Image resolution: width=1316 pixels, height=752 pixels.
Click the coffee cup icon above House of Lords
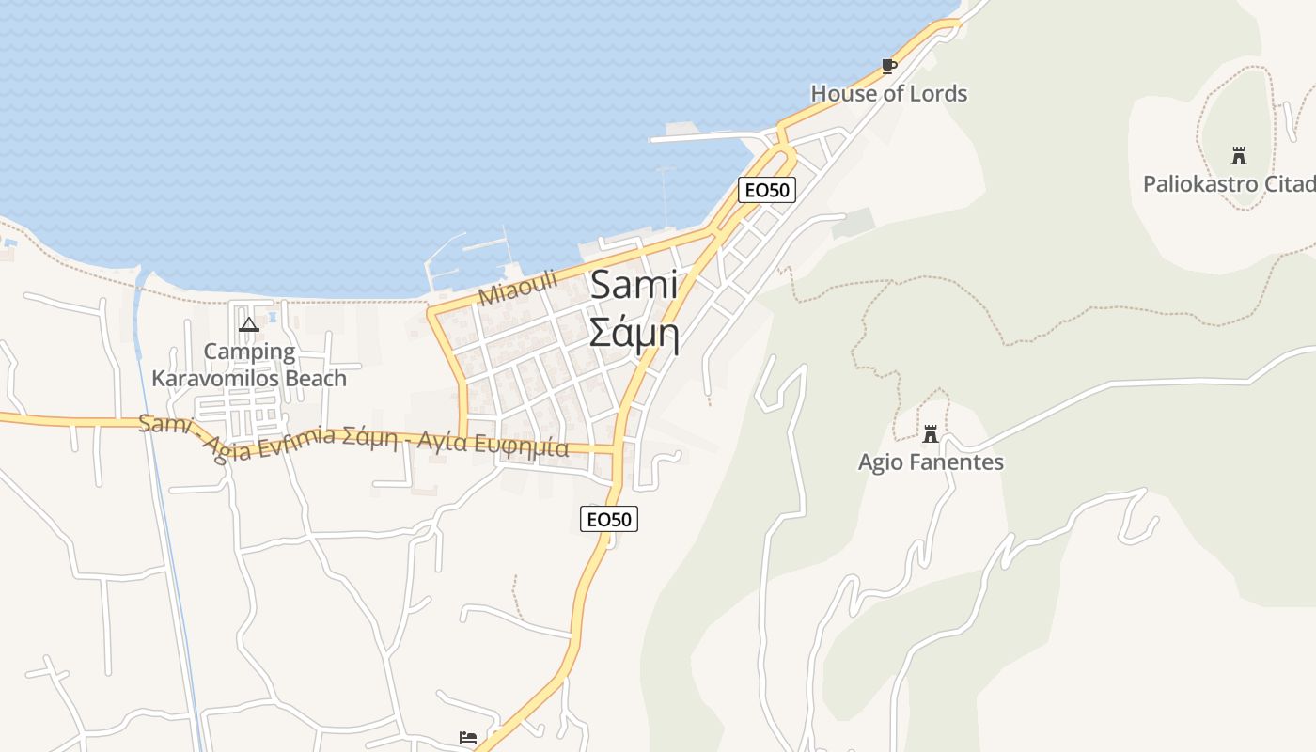click(888, 66)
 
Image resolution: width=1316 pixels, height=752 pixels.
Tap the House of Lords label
click(888, 93)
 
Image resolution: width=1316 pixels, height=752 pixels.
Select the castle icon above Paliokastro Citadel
click(1238, 156)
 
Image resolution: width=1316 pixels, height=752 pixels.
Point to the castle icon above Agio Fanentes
click(931, 434)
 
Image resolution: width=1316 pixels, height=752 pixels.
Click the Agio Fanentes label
click(931, 462)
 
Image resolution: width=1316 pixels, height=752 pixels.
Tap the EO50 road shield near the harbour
click(767, 190)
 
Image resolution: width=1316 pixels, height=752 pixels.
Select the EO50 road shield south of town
click(609, 519)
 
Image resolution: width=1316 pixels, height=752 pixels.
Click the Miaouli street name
click(518, 288)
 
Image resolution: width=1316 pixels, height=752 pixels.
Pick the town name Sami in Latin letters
click(634, 285)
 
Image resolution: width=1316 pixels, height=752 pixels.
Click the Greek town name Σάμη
click(634, 332)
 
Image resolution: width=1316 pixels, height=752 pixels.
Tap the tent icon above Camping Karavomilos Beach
click(249, 325)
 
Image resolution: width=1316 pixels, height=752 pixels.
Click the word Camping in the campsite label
click(249, 352)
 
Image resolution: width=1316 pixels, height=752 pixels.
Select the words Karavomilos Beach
click(249, 378)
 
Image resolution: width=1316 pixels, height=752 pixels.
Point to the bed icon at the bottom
click(468, 737)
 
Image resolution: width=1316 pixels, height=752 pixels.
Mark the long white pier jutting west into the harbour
click(700, 137)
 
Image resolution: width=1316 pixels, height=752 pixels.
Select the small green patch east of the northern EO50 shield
click(852, 223)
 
